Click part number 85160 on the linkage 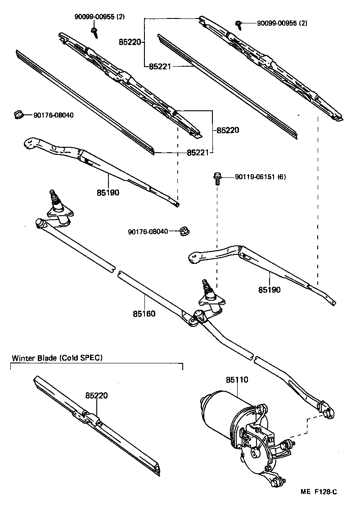(144, 313)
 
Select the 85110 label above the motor (237, 380)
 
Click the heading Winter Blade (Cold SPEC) (57, 358)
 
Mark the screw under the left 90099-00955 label (94, 30)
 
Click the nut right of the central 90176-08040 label (184, 231)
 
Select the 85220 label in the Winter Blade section (96, 395)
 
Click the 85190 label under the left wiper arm (108, 192)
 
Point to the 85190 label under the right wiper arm (269, 290)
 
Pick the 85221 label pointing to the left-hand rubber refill (198, 153)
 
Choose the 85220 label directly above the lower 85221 (228, 130)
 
